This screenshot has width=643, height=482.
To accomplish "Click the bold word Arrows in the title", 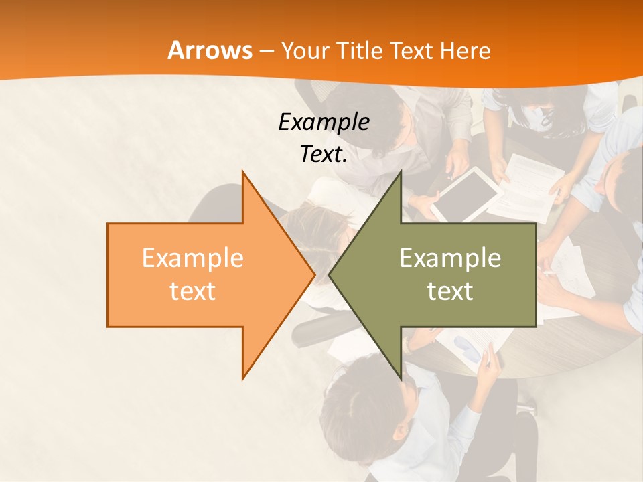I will (x=210, y=50).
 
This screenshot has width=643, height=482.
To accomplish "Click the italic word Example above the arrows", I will (x=324, y=122).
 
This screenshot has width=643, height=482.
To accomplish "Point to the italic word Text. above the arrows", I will (x=324, y=154).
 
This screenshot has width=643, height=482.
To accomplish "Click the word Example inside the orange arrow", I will (x=192, y=258).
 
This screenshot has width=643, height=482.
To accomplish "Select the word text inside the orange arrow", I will (x=192, y=291).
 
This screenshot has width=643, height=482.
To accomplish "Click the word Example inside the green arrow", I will (x=450, y=258).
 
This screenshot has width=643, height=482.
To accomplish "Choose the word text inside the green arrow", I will (x=450, y=291).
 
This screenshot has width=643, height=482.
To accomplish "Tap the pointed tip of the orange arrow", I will (x=313, y=274).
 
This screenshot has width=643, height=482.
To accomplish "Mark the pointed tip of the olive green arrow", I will (x=330, y=274).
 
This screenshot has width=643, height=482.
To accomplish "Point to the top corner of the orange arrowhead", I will (x=243, y=171).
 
